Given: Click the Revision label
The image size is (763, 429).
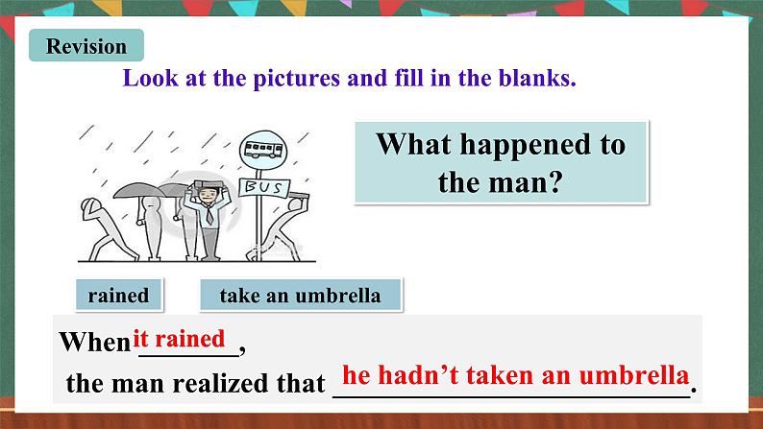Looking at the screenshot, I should (x=86, y=46).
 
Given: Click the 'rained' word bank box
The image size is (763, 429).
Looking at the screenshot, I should (x=118, y=296).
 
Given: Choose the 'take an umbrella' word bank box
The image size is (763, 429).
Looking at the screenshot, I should (x=300, y=296).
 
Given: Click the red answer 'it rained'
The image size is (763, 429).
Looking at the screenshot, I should (x=181, y=339).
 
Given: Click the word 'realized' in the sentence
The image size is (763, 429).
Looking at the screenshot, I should (x=220, y=385).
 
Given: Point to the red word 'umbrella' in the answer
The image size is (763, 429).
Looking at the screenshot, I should (x=639, y=375).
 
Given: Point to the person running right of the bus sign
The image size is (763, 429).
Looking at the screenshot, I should (x=293, y=222).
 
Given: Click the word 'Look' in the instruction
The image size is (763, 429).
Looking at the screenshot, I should (x=147, y=78).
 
